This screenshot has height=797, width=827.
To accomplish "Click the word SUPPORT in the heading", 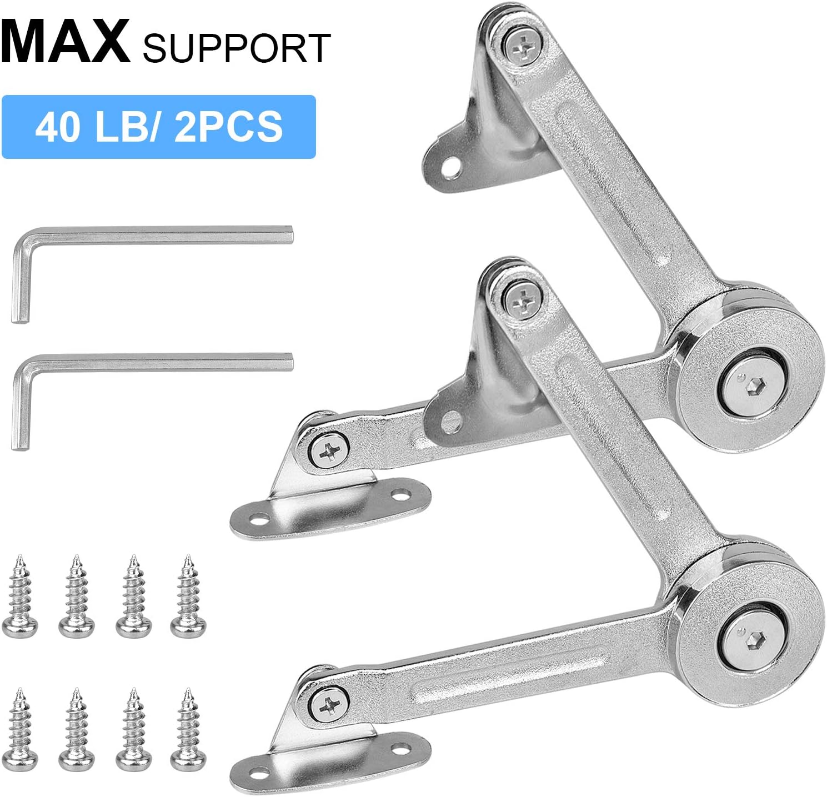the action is click(x=236, y=48).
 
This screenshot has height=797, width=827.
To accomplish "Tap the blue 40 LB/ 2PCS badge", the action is click(x=158, y=127).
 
